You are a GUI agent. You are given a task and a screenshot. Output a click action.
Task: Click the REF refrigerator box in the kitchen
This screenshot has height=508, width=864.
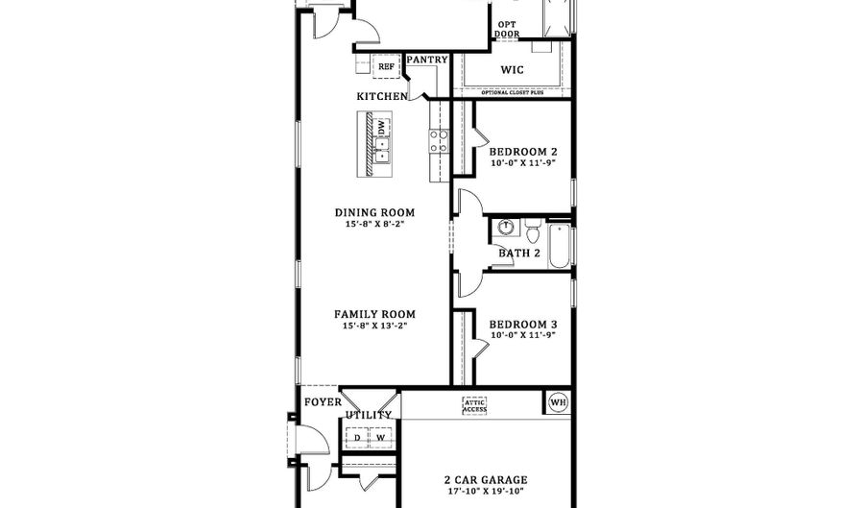(x=386, y=66)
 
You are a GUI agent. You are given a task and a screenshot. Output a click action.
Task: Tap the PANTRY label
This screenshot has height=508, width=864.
(x=427, y=60)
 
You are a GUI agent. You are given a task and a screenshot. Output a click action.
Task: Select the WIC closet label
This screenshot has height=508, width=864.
(x=513, y=70)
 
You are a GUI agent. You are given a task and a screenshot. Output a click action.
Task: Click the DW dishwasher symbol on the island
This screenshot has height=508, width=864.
(x=381, y=127)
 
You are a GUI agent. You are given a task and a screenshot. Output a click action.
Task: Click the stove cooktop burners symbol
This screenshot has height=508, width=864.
(x=438, y=142)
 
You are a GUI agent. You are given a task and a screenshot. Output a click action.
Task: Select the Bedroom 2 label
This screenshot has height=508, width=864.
(x=523, y=152)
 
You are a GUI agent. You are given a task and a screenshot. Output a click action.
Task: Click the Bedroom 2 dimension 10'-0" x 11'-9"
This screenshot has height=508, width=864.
(x=523, y=163)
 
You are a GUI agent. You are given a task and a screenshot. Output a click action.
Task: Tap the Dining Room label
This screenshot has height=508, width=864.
(x=374, y=213)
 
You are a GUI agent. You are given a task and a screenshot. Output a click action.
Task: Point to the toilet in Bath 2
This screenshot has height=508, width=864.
(x=535, y=233)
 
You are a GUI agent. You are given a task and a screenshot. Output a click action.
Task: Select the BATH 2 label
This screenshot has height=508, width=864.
(x=519, y=254)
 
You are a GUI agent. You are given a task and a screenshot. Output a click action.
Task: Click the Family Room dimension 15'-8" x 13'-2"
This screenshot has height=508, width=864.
(x=374, y=326)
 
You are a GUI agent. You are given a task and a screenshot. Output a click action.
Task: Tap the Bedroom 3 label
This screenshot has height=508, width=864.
(x=523, y=326)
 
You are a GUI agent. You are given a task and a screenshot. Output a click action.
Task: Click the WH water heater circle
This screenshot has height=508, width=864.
(x=558, y=401)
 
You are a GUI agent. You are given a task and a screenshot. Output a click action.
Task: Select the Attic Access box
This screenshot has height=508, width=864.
(x=474, y=406)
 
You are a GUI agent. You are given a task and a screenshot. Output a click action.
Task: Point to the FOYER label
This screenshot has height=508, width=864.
(x=322, y=402)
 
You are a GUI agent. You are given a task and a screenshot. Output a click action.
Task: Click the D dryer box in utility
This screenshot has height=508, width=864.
(x=357, y=438)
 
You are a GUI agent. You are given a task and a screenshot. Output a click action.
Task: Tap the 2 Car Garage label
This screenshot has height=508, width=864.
(x=485, y=480)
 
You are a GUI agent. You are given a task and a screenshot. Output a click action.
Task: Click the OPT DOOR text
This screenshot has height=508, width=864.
(x=507, y=29)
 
